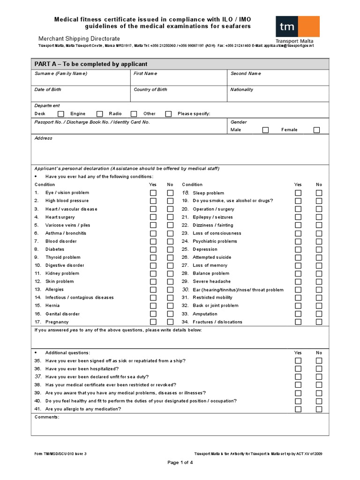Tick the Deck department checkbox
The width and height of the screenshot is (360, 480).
point(61,114)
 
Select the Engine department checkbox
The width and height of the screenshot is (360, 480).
point(99,114)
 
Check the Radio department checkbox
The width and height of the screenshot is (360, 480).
point(134,114)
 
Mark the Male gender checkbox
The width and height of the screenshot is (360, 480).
point(265,130)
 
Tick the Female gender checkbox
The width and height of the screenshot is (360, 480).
point(316,130)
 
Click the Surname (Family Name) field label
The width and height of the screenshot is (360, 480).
point(61,74)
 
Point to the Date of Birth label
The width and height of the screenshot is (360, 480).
point(48,90)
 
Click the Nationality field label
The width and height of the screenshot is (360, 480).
point(242,90)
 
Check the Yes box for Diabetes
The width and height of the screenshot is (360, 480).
point(153,249)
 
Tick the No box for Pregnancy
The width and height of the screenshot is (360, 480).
point(170,322)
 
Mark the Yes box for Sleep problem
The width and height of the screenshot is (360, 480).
point(298,193)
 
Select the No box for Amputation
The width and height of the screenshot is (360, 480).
point(319,314)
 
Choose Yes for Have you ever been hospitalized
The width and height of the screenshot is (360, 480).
point(298,369)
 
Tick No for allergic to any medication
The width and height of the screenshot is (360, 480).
point(319,409)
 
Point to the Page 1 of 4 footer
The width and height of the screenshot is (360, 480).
point(180,463)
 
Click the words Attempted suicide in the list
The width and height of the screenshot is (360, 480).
point(211,257)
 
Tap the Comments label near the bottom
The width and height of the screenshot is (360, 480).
point(47,417)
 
